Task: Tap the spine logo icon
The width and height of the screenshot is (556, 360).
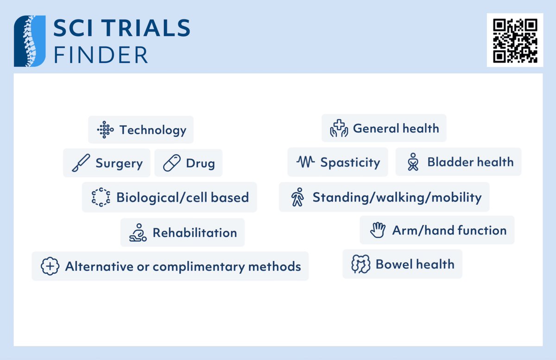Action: pos(30,41)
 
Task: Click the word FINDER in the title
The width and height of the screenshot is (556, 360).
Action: pos(101,55)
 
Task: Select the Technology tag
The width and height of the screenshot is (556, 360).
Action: pos(141,130)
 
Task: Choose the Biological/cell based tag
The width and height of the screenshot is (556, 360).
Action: pos(170,197)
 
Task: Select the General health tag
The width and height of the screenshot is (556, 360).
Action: pos(384,128)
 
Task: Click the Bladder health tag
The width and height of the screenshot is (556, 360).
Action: pos(458,162)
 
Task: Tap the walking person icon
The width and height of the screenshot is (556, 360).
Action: pos(297,197)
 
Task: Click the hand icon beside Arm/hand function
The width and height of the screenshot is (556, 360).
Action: pos(378,230)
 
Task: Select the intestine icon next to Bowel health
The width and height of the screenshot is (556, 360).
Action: pos(361,264)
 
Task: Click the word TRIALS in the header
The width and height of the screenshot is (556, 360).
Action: pos(144,29)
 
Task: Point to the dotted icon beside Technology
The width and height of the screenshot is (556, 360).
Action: pos(105,130)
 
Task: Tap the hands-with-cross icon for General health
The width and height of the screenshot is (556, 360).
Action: pos(339,128)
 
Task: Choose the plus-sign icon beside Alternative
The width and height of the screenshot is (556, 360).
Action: pos(50,266)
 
